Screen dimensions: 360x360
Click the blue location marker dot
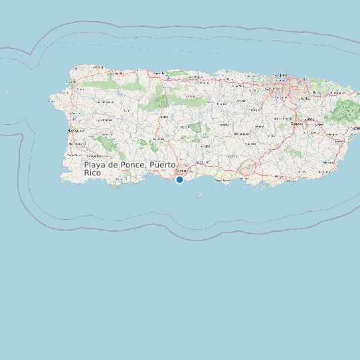[x=179, y=179]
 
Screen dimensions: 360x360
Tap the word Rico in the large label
[x=94, y=173]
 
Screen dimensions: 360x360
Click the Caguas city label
[x=297, y=123]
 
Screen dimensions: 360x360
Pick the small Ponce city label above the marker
[x=179, y=170]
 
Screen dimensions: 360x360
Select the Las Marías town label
[x=104, y=120]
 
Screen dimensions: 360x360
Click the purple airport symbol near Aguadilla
[x=76, y=68]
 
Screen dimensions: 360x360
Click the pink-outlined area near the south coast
[x=247, y=167]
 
